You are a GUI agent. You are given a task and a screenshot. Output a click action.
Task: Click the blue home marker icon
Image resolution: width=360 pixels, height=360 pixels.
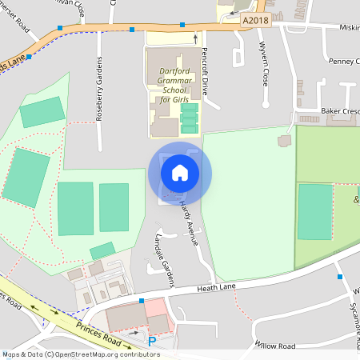[179, 173]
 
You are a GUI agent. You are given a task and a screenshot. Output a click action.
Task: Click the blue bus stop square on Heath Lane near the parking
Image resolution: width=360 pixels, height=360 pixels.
[142, 301]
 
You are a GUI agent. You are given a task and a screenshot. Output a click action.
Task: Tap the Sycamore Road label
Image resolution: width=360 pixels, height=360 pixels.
[352, 312]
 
